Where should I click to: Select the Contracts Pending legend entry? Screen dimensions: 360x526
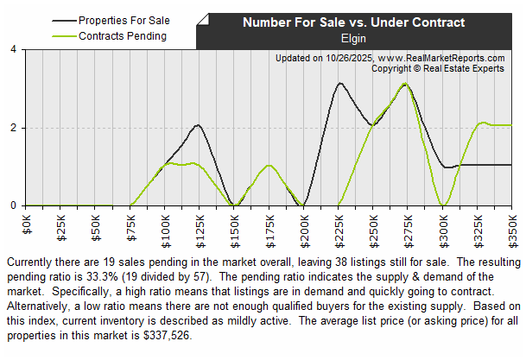click(122, 35)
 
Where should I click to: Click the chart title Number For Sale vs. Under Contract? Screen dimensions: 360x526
click(353, 22)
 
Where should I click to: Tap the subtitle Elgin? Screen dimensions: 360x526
click(354, 38)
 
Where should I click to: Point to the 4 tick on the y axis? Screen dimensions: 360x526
click(13, 50)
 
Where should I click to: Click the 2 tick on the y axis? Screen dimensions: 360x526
click(13, 128)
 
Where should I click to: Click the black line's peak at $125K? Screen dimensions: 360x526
click(199, 125)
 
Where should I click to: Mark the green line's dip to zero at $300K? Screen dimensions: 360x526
click(443, 205)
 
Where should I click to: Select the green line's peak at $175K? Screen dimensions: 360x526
click(269, 165)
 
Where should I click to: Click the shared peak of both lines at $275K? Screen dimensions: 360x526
click(404, 84)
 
